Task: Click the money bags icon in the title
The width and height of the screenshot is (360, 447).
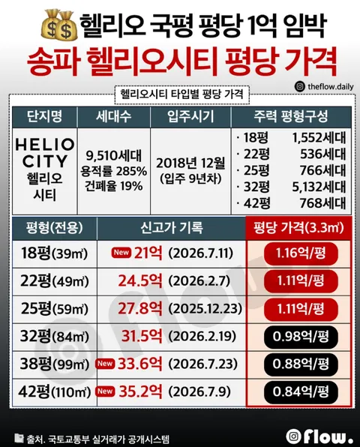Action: coord(59,25)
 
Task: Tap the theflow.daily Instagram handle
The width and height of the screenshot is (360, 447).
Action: coord(324,86)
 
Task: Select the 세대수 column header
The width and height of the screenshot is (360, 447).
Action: coord(113,116)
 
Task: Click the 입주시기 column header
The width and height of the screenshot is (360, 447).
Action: coord(190,116)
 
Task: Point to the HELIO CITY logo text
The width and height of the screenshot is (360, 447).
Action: coord(45,153)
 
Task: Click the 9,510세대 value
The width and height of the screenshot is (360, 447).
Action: coord(113,155)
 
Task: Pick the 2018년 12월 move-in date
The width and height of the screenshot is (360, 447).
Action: coord(190,163)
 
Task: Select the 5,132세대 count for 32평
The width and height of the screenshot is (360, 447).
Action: coord(319,187)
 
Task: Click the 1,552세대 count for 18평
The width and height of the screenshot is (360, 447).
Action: coord(319,138)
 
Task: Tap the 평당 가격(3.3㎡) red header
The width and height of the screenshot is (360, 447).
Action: coord(298,228)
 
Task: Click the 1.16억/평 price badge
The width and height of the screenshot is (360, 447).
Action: coord(301,253)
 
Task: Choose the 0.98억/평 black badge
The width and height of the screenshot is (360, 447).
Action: coord(301,337)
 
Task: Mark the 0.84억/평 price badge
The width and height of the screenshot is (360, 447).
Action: coord(301,391)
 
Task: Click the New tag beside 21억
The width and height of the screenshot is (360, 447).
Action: coord(121,253)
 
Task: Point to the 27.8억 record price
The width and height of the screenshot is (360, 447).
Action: coord(140,308)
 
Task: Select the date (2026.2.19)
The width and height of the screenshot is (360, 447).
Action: coord(202,337)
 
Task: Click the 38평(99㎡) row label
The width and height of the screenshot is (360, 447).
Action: coord(54,364)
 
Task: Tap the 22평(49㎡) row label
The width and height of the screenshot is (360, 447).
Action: coord(54,281)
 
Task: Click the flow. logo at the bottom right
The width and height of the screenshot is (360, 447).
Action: coord(319,436)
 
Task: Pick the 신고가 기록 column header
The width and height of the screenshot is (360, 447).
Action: coord(171,228)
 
